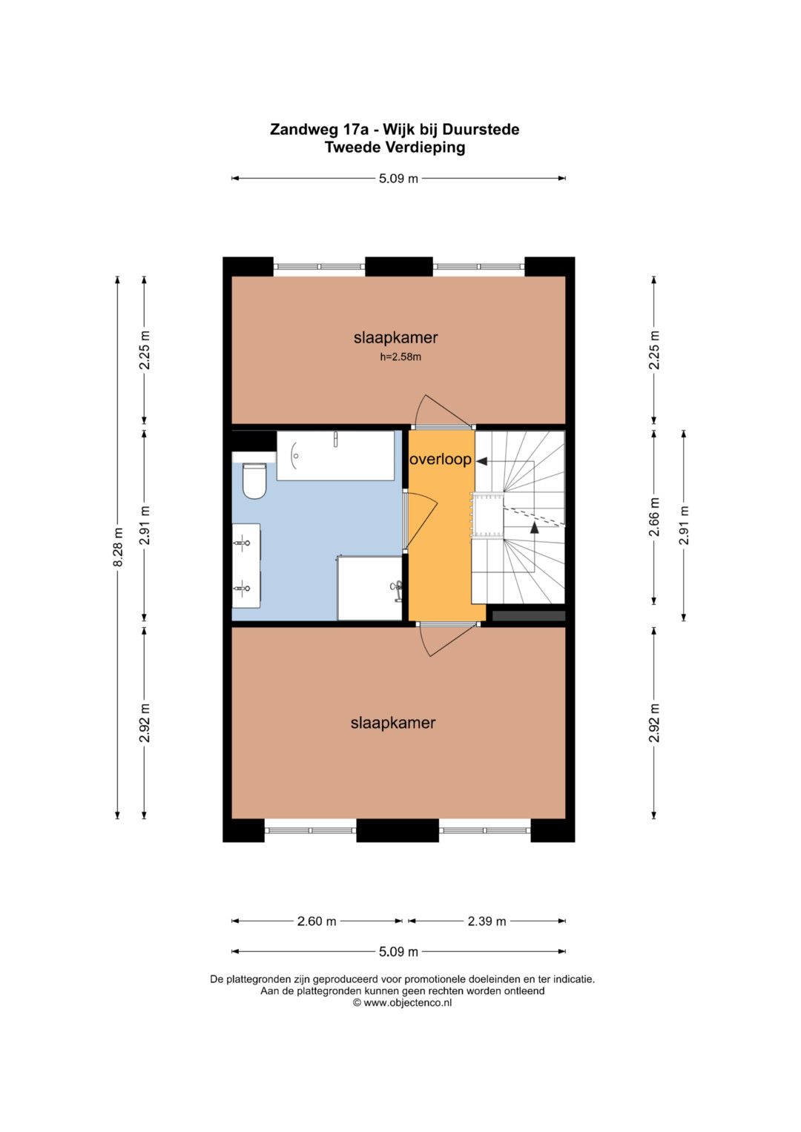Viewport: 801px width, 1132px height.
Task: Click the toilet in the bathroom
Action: click(254, 480)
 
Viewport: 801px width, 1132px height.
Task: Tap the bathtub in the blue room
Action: click(335, 455)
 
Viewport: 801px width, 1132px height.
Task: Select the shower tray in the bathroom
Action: click(369, 588)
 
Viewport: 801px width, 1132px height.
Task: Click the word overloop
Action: click(441, 460)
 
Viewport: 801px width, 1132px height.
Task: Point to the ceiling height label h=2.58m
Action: click(400, 357)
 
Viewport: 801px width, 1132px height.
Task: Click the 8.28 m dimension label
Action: click(118, 547)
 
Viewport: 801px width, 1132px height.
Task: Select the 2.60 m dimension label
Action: click(317, 921)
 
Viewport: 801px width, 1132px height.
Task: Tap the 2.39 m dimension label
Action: click(487, 921)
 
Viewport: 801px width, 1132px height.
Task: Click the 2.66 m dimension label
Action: click(654, 517)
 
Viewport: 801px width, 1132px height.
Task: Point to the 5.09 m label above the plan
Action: click(398, 179)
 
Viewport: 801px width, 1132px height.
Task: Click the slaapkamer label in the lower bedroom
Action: click(393, 723)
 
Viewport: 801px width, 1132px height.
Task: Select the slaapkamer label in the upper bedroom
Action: click(395, 337)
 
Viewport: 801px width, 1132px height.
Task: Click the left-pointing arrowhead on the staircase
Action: click(481, 461)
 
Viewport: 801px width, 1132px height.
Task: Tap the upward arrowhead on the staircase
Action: click(534, 528)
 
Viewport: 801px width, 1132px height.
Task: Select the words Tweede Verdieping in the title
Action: click(395, 148)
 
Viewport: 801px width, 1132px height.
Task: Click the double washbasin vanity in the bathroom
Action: click(246, 566)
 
